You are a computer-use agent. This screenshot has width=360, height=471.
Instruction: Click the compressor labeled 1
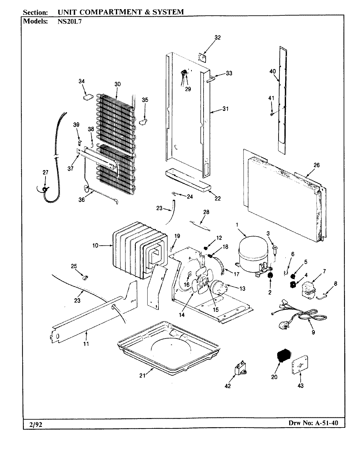pos(252,253)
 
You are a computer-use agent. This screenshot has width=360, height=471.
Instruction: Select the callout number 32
pos(217,38)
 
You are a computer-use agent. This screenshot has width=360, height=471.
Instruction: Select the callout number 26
pos(316,165)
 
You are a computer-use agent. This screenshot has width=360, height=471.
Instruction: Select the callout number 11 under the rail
pos(86,344)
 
